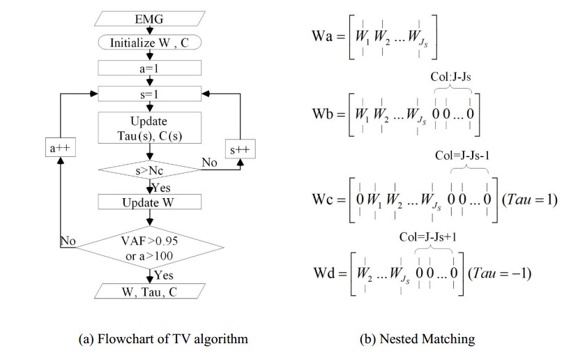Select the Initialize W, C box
pos(149,43)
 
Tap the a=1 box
pos(149,68)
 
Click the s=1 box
pos(149,93)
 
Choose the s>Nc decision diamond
pos(149,170)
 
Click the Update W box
pos(149,202)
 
